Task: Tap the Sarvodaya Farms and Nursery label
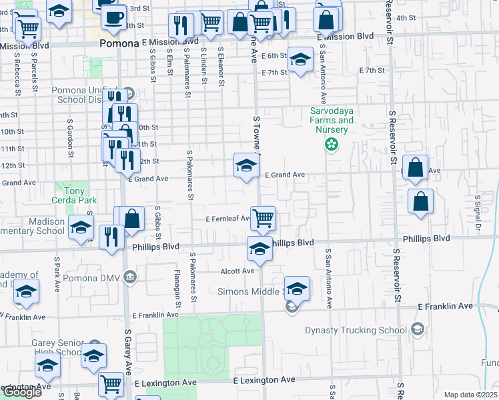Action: (x=332, y=120)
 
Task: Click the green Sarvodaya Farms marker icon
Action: (x=330, y=144)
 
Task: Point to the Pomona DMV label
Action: (x=93, y=277)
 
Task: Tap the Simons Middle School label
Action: (x=249, y=291)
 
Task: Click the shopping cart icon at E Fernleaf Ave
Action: (x=264, y=217)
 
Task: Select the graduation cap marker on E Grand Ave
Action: (x=246, y=165)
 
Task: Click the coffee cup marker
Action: (x=113, y=16)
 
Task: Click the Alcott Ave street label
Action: (x=238, y=271)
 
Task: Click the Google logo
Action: (x=21, y=392)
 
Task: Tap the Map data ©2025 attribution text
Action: (x=470, y=395)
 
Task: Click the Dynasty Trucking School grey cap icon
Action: (x=417, y=329)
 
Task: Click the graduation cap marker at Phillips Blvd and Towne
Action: (x=260, y=249)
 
